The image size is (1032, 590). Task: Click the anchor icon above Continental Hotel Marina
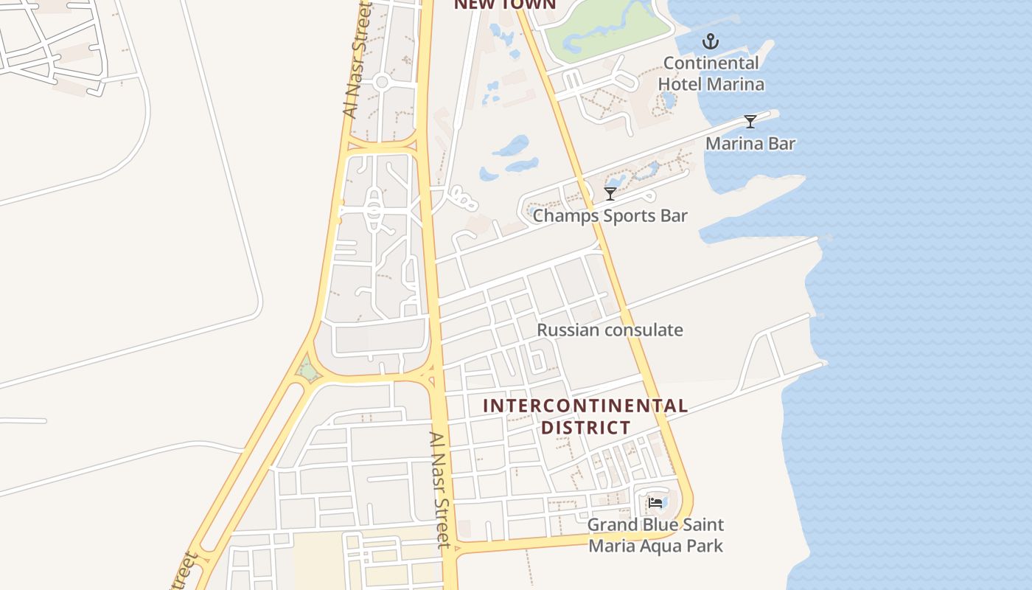tap(711, 41)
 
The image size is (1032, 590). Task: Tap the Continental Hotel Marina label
tap(711, 74)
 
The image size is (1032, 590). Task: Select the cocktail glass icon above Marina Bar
tap(750, 122)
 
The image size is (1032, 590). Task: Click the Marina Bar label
tap(750, 143)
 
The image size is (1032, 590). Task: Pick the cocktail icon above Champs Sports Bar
tap(610, 194)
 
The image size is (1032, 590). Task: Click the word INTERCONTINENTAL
tap(585, 406)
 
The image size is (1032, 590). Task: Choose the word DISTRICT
tap(586, 428)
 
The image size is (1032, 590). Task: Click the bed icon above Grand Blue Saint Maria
tap(655, 503)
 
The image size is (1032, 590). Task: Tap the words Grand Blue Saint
tap(655, 525)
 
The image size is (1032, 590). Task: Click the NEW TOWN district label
tap(504, 4)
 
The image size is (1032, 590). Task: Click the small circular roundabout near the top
tap(381, 82)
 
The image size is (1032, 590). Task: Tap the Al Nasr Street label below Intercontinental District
tap(440, 490)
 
